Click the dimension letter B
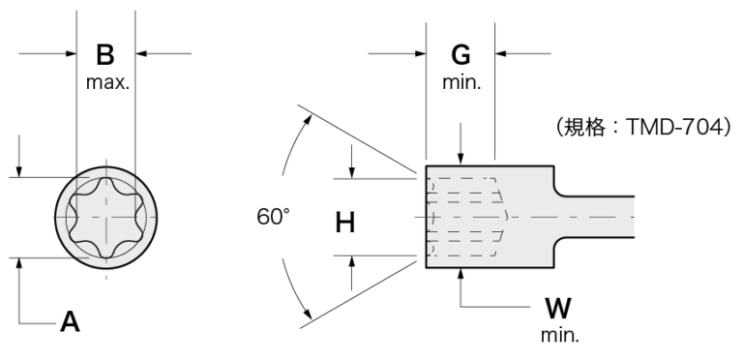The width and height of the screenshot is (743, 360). click(105, 54)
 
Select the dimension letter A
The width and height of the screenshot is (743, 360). click(70, 322)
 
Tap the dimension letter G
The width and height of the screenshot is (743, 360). click(461, 54)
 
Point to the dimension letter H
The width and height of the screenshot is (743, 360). click(345, 223)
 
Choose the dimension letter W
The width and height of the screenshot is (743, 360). click(558, 309)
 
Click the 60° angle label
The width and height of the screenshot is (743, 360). click(273, 217)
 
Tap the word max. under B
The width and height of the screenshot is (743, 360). click(107, 82)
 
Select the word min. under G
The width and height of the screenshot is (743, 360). click(461, 82)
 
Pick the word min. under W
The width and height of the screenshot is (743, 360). click(559, 336)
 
